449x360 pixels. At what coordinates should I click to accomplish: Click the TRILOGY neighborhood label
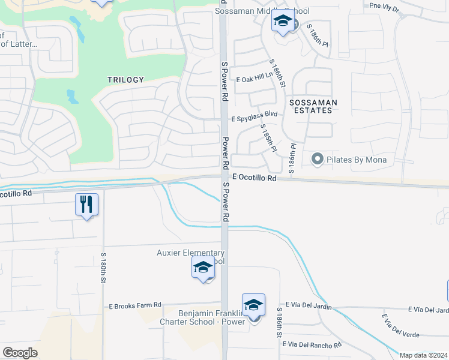coord(126,80)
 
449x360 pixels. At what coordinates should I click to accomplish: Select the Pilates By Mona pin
coord(317,160)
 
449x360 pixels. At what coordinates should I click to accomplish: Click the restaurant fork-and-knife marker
coord(87,205)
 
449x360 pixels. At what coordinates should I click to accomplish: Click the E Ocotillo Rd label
coord(254,178)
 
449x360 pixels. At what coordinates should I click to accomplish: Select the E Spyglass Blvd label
coord(257,113)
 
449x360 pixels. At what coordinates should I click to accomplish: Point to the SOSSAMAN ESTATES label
coord(313,106)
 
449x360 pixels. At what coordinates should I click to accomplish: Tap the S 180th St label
coord(103,268)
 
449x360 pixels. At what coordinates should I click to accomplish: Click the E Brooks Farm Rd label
coord(135,305)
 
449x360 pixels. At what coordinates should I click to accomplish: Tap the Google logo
coord(20,353)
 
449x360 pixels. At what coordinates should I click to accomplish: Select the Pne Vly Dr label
coord(384,7)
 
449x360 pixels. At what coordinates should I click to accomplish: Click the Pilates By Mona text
coord(357,160)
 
